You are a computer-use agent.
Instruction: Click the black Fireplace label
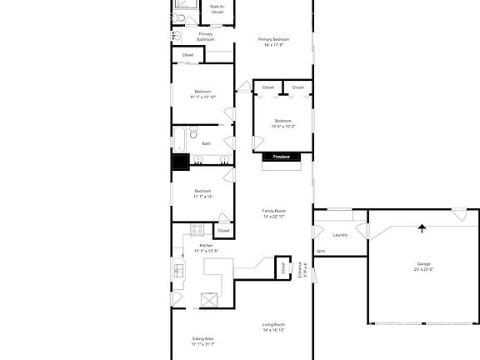coord(281,157)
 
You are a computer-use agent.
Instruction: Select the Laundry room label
coord(340,235)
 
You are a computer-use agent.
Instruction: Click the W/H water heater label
coord(321,251)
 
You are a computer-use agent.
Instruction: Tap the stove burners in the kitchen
coord(197,229)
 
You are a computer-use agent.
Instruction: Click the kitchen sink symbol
coord(178,270)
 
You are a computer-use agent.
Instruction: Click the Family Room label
coord(274,214)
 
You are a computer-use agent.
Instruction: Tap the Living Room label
coord(274,327)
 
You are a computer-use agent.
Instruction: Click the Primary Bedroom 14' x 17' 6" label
coord(274,42)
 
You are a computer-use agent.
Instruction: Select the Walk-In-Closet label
coord(217,10)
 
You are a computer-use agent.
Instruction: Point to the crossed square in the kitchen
coord(209,301)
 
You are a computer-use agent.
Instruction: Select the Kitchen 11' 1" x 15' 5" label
coord(206,248)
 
